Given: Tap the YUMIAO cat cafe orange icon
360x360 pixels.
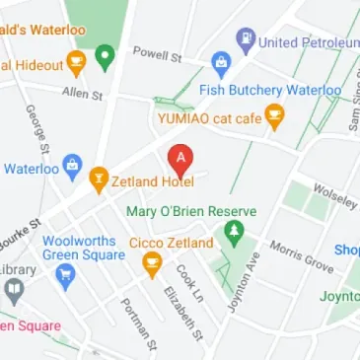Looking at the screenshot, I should pyautogui.click(x=276, y=117).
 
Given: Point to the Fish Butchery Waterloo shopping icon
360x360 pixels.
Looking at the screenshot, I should pyautogui.click(x=221, y=67).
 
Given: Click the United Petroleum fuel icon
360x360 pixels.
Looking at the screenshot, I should pyautogui.click(x=245, y=41).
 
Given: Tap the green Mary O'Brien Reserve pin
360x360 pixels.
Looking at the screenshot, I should pyautogui.click(x=234, y=234).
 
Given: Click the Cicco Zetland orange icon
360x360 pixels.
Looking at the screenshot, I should pyautogui.click(x=152, y=262).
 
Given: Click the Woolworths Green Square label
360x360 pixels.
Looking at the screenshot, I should pyautogui.click(x=83, y=248).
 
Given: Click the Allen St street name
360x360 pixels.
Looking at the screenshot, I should pyautogui.click(x=82, y=95).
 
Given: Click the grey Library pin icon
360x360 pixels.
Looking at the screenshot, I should pyautogui.click(x=13, y=290).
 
